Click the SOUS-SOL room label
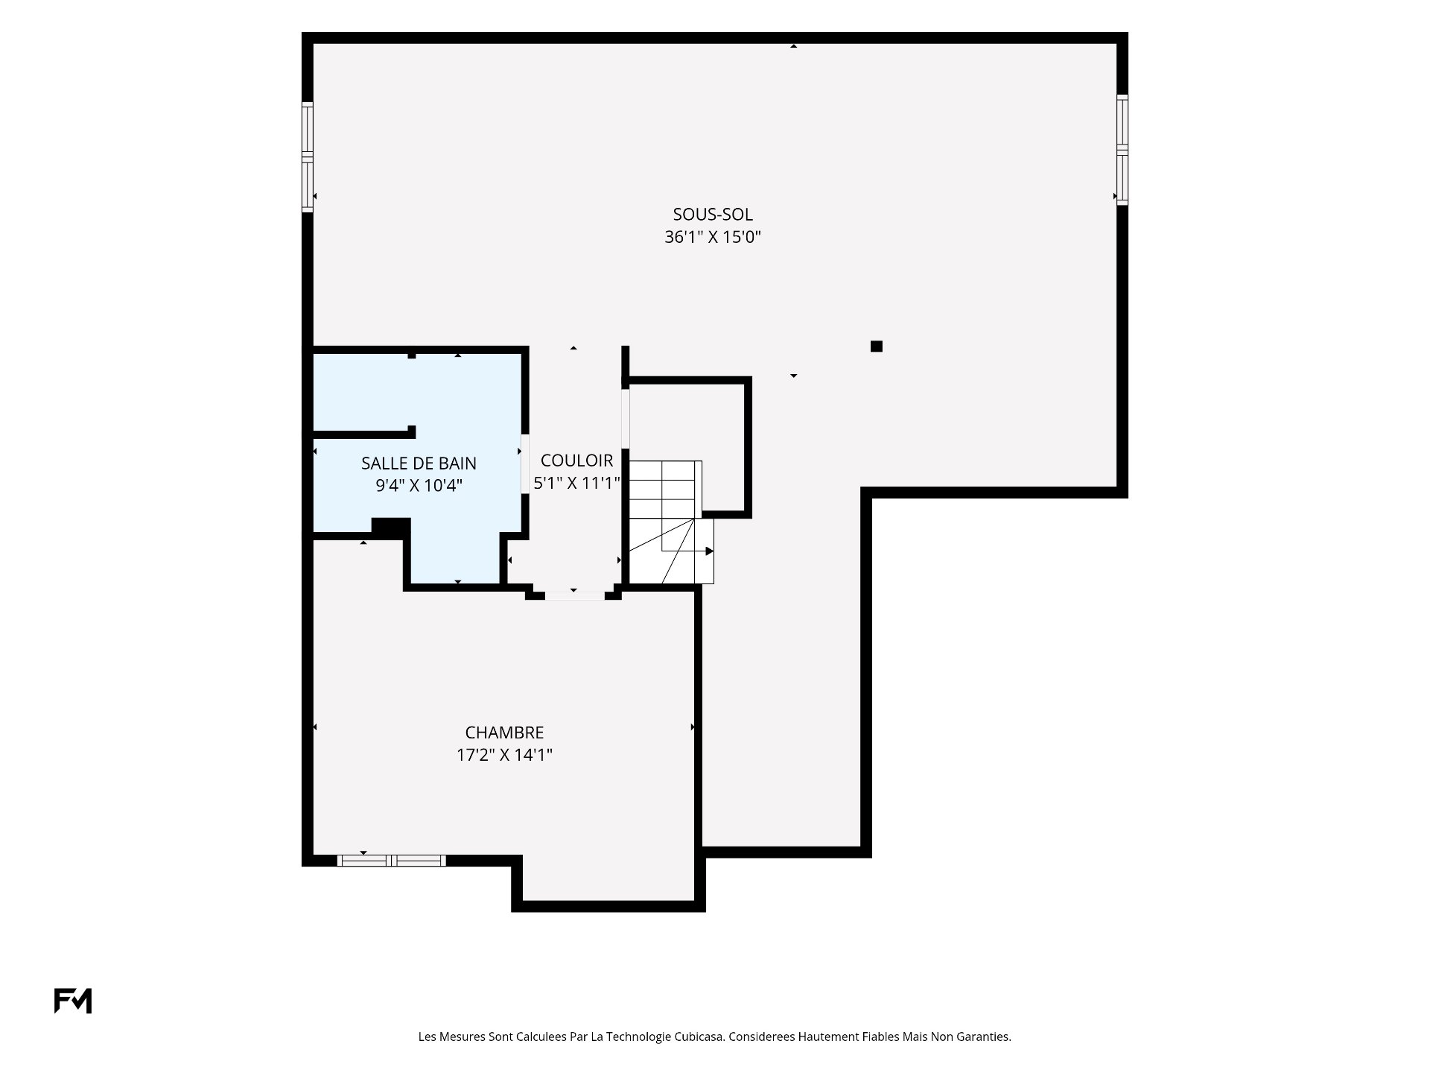click(713, 215)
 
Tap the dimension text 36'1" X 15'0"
click(713, 238)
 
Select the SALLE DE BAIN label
click(419, 463)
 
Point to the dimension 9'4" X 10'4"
click(419, 486)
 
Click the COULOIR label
click(576, 460)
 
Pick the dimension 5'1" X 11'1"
click(577, 483)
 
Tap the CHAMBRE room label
click(504, 732)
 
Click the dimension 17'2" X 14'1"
click(504, 756)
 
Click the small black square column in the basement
click(877, 346)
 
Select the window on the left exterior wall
click(307, 157)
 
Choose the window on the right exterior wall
click(1122, 150)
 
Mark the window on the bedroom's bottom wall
click(392, 861)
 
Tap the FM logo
click(73, 1001)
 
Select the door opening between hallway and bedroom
click(575, 596)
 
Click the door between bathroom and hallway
click(525, 463)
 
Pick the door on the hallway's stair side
click(626, 419)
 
